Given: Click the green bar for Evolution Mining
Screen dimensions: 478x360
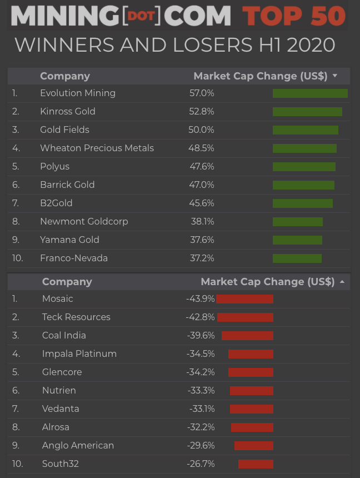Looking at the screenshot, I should click(x=310, y=93).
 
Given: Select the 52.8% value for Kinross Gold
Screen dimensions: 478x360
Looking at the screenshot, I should click(x=202, y=112).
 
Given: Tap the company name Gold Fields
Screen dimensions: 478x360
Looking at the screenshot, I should click(x=64, y=130).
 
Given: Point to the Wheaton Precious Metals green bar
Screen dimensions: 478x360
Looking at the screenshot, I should click(x=304, y=148).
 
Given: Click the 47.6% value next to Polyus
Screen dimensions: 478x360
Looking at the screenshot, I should click(x=202, y=167).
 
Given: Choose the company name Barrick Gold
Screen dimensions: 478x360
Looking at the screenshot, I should click(x=67, y=185).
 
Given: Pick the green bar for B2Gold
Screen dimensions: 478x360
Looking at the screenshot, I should click(x=303, y=203).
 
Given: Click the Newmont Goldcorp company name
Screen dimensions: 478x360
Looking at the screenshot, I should click(x=84, y=222).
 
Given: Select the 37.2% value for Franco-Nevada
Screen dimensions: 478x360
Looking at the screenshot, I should click(x=202, y=258).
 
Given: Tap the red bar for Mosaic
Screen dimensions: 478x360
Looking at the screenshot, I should click(x=244, y=299).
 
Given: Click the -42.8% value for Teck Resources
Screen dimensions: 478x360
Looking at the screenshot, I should click(x=200, y=317).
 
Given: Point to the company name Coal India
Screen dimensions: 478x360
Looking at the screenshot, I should click(x=64, y=336).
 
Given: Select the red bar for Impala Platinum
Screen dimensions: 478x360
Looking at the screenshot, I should click(x=251, y=354).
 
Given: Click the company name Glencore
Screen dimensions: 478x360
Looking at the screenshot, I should click(x=62, y=372).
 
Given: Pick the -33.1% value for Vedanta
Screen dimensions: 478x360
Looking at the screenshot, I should click(x=201, y=409).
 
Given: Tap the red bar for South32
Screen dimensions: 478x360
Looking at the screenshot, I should click(x=256, y=464).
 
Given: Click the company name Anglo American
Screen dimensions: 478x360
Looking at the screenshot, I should click(x=78, y=446).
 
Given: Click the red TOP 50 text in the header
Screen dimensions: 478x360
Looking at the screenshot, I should click(x=294, y=16).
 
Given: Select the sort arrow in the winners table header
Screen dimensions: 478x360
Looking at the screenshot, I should click(x=335, y=76).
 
